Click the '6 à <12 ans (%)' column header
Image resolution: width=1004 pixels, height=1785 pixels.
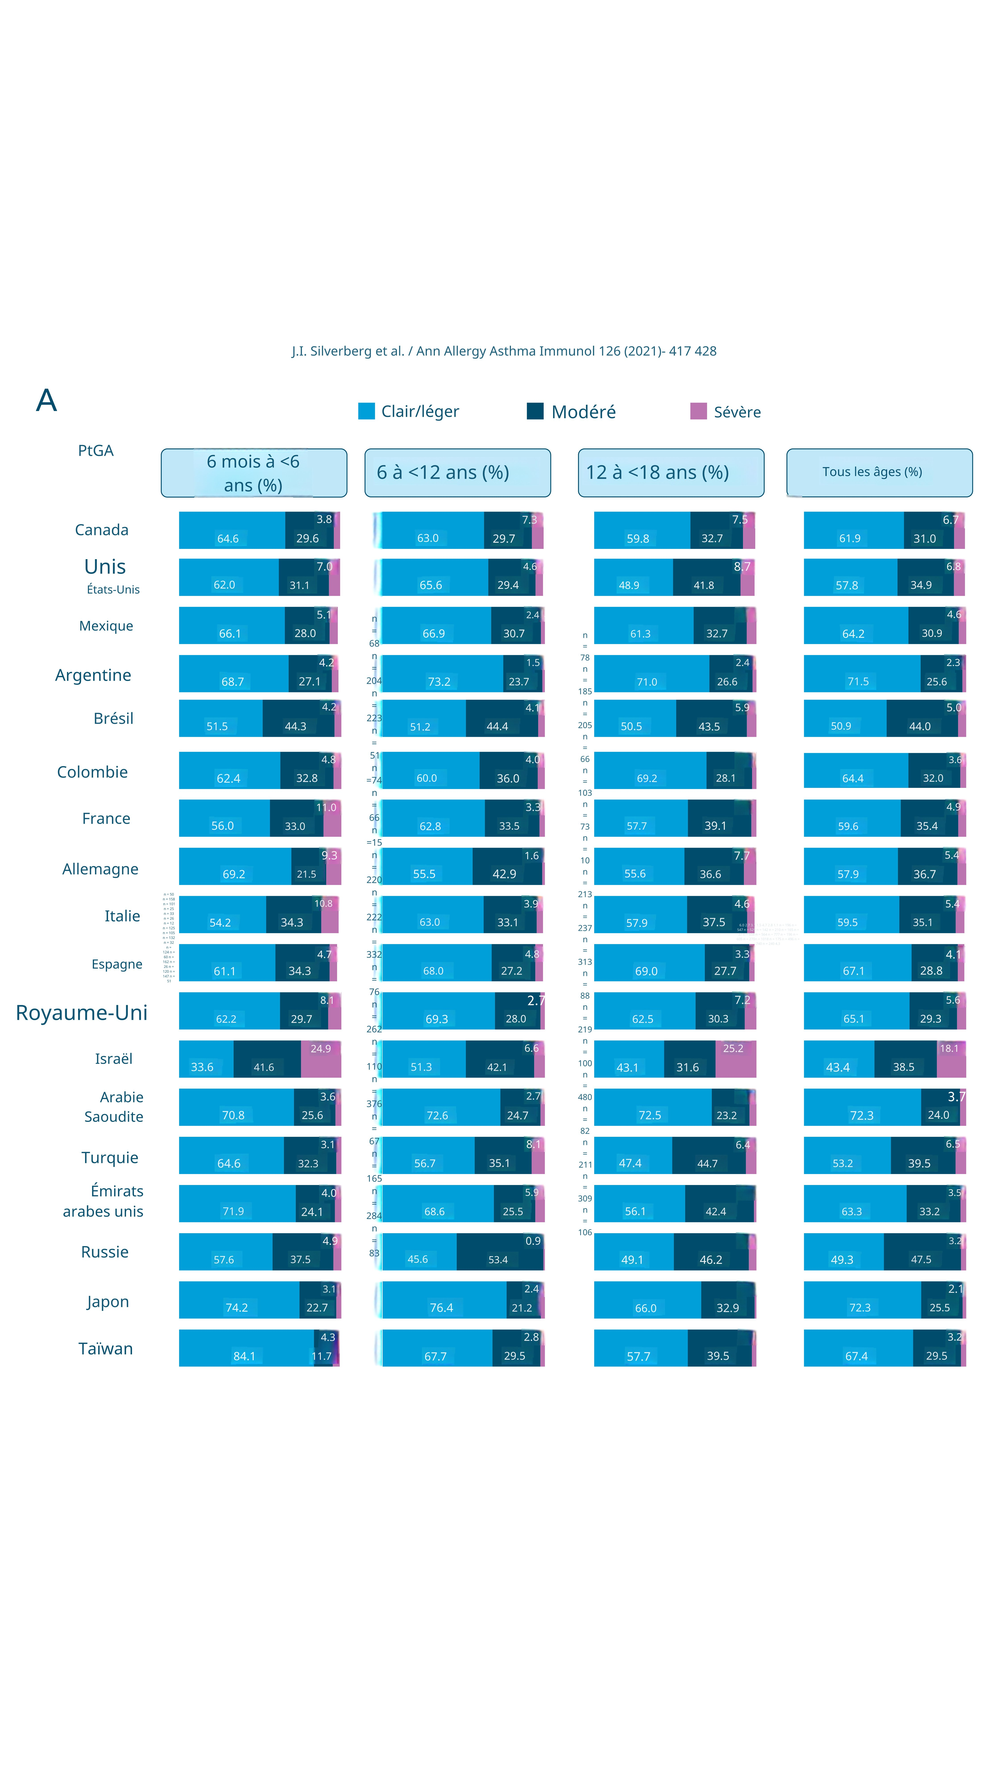tap(457, 473)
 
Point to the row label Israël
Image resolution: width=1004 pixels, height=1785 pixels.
tap(114, 1059)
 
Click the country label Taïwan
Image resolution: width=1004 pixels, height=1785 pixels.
tap(105, 1348)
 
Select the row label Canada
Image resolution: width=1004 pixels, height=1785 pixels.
tap(102, 530)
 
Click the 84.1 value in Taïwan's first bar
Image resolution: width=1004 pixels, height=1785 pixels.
tap(244, 1356)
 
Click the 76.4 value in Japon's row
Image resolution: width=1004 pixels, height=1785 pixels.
tap(441, 1308)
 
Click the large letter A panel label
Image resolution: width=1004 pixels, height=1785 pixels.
tap(46, 401)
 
